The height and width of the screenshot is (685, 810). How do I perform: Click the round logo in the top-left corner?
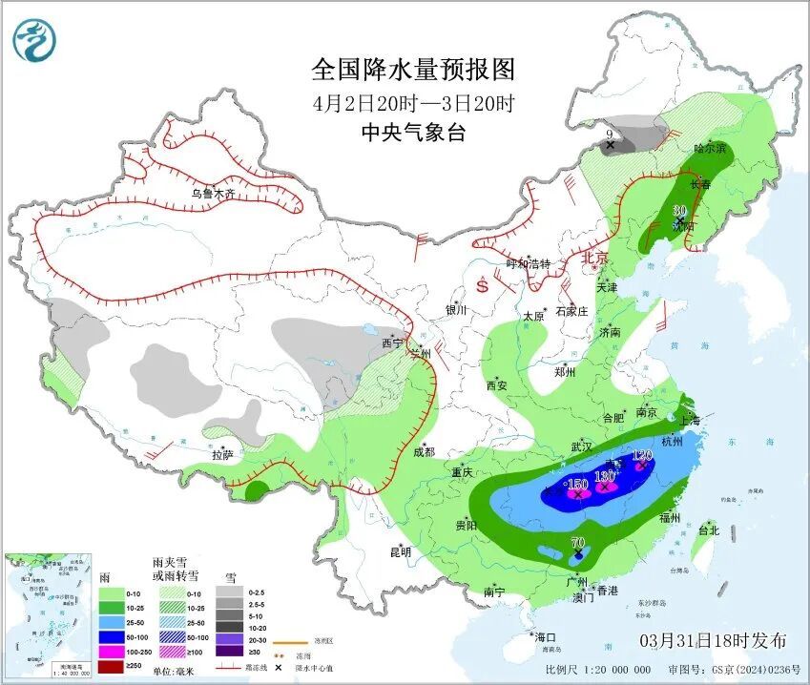34,40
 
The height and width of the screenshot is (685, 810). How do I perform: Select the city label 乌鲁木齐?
212,194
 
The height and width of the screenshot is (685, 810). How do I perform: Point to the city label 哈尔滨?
710,149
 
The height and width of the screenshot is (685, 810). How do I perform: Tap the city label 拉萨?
221,455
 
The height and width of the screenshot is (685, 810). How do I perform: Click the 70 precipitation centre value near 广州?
577,544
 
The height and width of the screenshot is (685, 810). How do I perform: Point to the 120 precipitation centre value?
641,456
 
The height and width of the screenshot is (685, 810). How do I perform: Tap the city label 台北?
708,530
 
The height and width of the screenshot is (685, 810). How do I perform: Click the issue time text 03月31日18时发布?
714,639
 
